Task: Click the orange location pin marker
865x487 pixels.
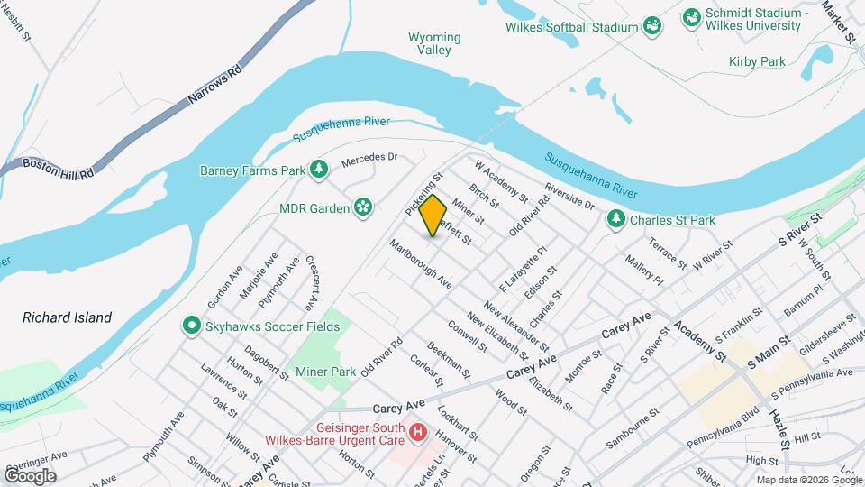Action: click(x=433, y=216)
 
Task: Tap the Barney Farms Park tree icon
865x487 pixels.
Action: click(x=318, y=170)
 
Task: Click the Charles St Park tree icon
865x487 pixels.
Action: click(x=616, y=219)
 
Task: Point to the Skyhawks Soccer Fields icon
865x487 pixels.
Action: click(x=191, y=326)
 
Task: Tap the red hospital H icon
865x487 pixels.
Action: click(x=418, y=434)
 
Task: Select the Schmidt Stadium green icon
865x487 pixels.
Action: click(x=692, y=17)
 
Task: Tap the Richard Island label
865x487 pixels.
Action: click(x=68, y=317)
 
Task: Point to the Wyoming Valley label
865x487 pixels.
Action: click(x=434, y=43)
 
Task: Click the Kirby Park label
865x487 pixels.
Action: click(x=757, y=61)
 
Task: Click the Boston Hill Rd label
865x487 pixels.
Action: click(x=59, y=170)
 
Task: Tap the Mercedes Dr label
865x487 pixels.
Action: click(x=369, y=161)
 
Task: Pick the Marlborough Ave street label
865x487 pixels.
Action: click(x=420, y=263)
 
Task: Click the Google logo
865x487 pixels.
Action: click(x=31, y=475)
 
